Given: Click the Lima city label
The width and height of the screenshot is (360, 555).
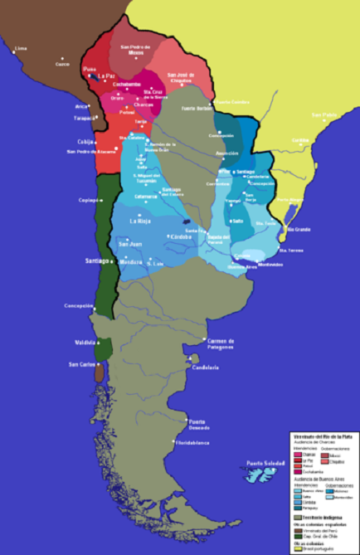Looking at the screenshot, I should click(x=21, y=48).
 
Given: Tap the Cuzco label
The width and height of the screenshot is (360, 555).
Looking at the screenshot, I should click(x=62, y=63).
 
